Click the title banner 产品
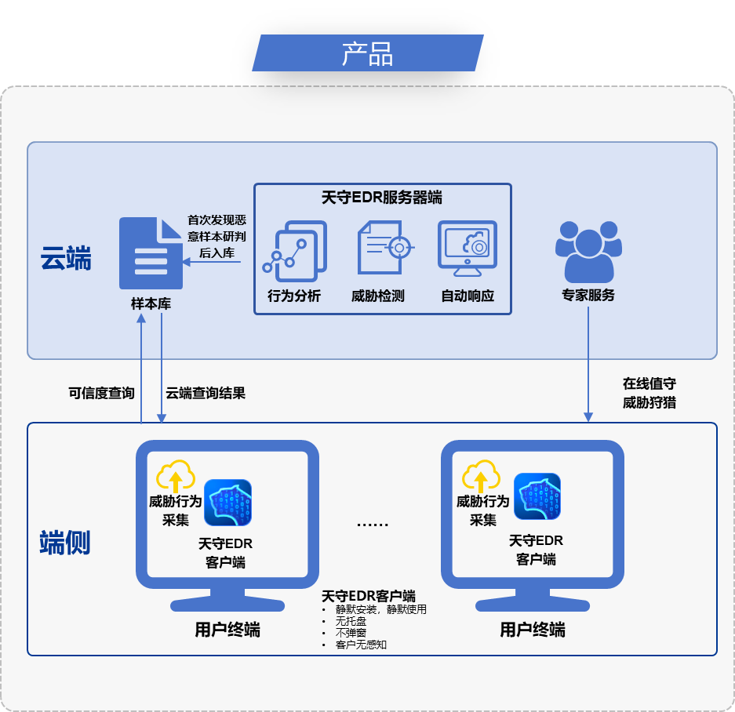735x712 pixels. (x=367, y=53)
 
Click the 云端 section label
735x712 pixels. (x=66, y=259)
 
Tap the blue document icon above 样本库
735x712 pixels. (x=151, y=253)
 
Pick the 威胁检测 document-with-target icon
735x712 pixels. (x=383, y=249)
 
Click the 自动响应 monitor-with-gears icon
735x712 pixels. (x=468, y=249)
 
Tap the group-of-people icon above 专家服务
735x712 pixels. (x=588, y=251)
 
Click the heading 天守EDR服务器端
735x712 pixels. (x=382, y=198)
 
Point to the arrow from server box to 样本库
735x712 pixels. (x=212, y=262)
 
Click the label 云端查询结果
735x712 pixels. (x=206, y=393)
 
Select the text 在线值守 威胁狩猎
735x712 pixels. (x=649, y=394)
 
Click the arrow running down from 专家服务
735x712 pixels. (x=588, y=361)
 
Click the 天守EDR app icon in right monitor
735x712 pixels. (x=537, y=497)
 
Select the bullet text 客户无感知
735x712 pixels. (x=361, y=645)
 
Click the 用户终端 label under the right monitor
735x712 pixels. (x=533, y=630)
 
